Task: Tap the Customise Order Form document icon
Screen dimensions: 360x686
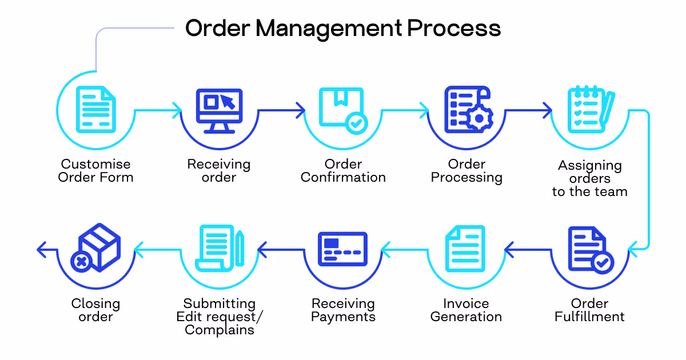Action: tap(95, 109)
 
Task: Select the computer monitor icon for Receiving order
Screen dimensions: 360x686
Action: tap(219, 110)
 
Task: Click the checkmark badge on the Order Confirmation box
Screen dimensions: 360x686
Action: tap(357, 122)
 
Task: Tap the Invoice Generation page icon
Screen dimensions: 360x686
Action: tap(466, 250)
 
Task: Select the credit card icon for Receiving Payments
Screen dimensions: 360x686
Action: tap(342, 249)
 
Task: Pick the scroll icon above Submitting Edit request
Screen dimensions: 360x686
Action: tap(219, 249)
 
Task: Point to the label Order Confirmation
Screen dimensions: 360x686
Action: tap(343, 171)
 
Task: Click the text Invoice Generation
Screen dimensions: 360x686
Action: tap(466, 310)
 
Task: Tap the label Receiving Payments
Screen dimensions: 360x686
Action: tap(343, 310)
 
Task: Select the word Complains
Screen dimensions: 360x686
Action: tap(220, 330)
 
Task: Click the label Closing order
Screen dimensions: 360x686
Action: tap(95, 310)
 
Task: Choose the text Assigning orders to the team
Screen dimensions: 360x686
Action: tap(590, 178)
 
